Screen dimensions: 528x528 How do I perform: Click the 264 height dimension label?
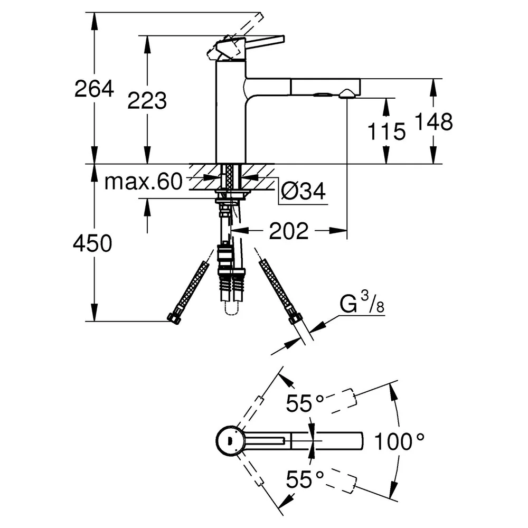95,89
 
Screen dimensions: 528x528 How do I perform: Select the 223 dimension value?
147,100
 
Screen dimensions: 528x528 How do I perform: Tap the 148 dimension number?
433,121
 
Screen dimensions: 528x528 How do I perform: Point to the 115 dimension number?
386,131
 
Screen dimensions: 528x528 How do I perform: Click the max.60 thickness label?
144,182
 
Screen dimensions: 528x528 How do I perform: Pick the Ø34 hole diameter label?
303,191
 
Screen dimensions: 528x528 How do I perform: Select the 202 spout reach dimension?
289,231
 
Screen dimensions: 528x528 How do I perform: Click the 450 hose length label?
92,243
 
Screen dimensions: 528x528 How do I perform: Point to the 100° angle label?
399,441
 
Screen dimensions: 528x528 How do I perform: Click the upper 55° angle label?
305,403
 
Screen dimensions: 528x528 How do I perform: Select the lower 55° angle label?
305,479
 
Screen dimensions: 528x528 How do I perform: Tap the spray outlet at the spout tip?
346,95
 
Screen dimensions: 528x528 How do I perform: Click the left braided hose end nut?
173,318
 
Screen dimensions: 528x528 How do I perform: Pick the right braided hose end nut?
295,318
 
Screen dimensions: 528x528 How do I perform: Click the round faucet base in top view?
229,440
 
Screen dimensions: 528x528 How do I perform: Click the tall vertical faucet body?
231,111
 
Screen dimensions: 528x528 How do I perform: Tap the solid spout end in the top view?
338,441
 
